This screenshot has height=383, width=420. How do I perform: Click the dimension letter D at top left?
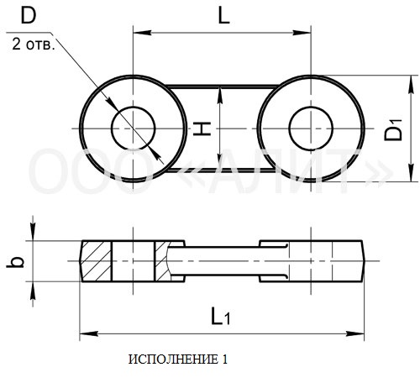29,16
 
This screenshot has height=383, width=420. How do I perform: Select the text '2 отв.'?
34,45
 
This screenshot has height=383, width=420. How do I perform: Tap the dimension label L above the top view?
223,16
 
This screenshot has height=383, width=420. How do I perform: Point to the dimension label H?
202,129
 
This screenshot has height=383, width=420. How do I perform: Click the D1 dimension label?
393,129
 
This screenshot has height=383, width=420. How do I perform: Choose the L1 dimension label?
221,316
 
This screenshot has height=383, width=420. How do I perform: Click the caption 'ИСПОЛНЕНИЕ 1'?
178,359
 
